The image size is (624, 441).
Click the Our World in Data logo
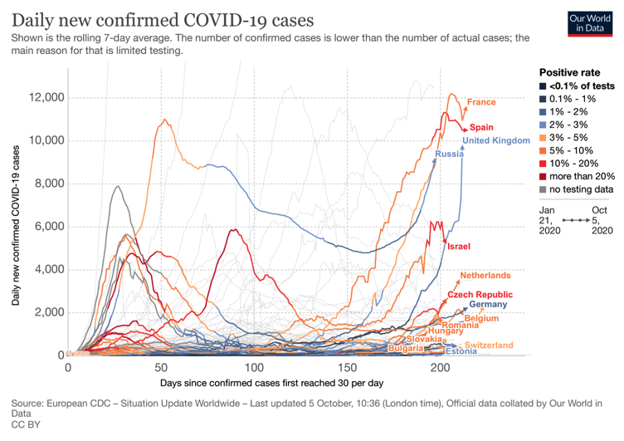click(588, 22)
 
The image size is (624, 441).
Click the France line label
click(480, 102)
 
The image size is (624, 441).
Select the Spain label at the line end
click(481, 127)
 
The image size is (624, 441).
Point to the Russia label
click(449, 154)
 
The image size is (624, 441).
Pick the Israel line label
click(459, 247)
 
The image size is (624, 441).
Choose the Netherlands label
click(485, 276)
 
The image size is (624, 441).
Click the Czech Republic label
click(480, 295)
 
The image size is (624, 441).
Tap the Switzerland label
click(489, 345)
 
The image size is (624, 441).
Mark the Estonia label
click(461, 351)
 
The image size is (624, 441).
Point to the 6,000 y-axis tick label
click(48, 226)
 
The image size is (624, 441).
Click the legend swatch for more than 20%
click(544, 175)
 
